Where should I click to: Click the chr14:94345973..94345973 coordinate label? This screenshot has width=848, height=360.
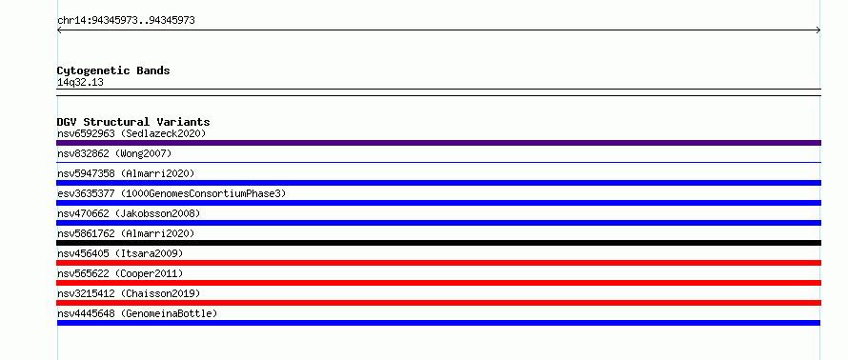click(x=126, y=21)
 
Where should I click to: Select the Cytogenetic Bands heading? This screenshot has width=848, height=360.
click(x=113, y=70)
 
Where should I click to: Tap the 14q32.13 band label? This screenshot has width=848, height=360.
click(x=80, y=83)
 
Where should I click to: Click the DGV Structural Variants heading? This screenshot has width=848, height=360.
click(x=133, y=122)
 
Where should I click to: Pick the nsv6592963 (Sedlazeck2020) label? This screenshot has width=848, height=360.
click(x=131, y=133)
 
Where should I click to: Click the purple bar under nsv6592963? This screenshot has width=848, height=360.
click(x=438, y=143)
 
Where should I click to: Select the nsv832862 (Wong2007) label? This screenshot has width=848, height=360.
click(x=114, y=154)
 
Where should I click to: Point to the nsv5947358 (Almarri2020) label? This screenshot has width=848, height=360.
click(x=126, y=173)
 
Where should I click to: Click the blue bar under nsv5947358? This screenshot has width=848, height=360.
click(x=438, y=183)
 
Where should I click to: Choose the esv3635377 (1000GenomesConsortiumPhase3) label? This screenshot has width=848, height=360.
click(x=172, y=193)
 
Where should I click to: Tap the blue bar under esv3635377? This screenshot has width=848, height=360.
click(x=438, y=203)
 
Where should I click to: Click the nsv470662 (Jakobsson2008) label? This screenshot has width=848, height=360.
click(x=129, y=213)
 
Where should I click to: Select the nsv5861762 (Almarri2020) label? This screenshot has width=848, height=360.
click(x=126, y=233)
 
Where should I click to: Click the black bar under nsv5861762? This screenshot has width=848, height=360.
click(x=438, y=243)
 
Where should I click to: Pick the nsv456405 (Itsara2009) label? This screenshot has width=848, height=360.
click(x=120, y=253)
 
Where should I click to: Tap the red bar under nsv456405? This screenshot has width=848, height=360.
click(x=438, y=263)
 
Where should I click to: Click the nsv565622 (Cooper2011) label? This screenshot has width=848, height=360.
click(x=120, y=273)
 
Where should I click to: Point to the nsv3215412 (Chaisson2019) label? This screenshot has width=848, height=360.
click(x=129, y=293)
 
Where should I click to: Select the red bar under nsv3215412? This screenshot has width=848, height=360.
click(x=438, y=303)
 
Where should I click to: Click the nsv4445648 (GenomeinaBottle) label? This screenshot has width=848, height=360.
click(x=137, y=313)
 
